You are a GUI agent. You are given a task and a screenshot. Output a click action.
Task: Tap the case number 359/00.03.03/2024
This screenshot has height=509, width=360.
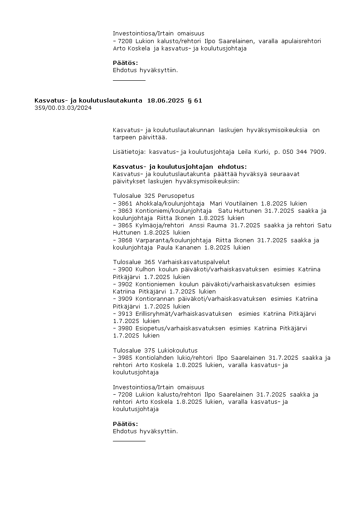tap(63, 108)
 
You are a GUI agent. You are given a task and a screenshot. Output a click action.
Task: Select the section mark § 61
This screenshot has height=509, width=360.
tap(195, 101)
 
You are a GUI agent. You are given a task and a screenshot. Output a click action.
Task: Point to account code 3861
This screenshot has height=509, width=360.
tap(125, 204)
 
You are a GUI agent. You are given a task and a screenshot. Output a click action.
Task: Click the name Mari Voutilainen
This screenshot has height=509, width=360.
tap(234, 204)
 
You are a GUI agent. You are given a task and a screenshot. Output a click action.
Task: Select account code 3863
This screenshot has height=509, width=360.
tap(125, 211)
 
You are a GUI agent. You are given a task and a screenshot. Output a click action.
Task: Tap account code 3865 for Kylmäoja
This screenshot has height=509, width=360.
tap(125, 225)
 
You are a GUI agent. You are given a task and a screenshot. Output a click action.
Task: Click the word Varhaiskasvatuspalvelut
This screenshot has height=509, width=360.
tap(194, 262)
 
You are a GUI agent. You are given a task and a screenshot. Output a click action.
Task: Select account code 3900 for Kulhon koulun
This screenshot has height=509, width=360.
tap(125, 269)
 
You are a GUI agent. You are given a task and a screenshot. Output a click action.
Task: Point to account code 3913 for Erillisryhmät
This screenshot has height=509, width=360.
tap(125, 313)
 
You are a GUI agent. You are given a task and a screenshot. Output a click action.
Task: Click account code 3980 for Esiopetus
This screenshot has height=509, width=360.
tap(125, 328)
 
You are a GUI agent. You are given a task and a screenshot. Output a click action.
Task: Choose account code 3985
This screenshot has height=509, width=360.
tap(125, 358)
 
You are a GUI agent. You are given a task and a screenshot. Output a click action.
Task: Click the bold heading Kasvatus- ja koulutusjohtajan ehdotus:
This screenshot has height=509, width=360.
tap(180, 167)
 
